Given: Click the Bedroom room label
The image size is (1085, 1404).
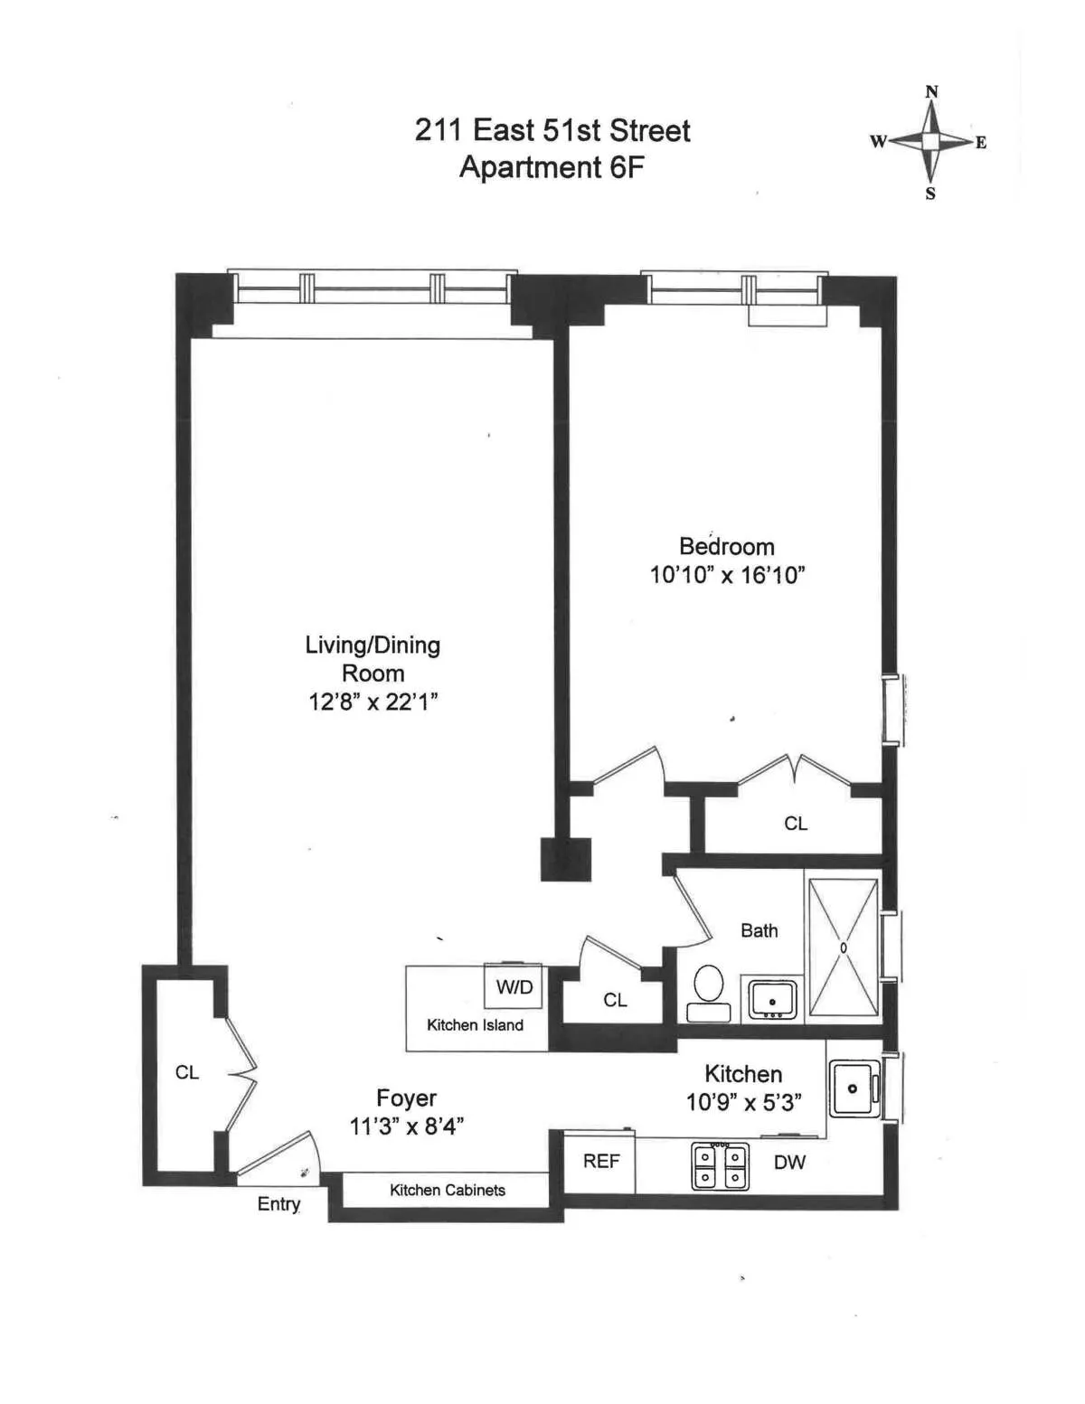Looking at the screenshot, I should click(726, 547).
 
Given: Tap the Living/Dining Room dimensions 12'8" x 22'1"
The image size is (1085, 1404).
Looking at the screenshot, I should click(373, 702).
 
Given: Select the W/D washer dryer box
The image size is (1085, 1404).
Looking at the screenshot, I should click(514, 987).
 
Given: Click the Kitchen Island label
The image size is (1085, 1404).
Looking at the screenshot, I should click(475, 1025).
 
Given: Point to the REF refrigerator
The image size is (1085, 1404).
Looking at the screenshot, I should click(600, 1162).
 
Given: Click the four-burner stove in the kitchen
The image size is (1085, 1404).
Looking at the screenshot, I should click(720, 1166).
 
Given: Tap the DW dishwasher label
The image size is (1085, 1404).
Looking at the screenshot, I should click(789, 1163).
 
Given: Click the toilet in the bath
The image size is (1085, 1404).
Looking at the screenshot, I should click(708, 986).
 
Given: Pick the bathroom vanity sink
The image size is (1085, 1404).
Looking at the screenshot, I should click(771, 1000).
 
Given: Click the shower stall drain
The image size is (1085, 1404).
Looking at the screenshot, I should click(843, 947).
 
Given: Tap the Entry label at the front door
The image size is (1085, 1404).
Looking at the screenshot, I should click(278, 1204).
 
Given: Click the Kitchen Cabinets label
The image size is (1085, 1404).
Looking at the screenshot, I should click(447, 1191).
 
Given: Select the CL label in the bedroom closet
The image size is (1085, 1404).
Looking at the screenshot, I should click(796, 824).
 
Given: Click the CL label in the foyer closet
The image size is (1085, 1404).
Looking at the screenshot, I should click(187, 1073).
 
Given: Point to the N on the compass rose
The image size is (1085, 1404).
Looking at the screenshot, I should click(931, 92).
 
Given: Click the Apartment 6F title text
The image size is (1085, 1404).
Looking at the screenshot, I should click(552, 168).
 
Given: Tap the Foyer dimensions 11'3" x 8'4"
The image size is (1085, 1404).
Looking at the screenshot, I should click(407, 1126).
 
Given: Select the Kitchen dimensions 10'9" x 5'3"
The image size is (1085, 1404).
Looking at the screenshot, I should click(743, 1103).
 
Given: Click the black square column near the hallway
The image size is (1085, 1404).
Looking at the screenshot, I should click(565, 859).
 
